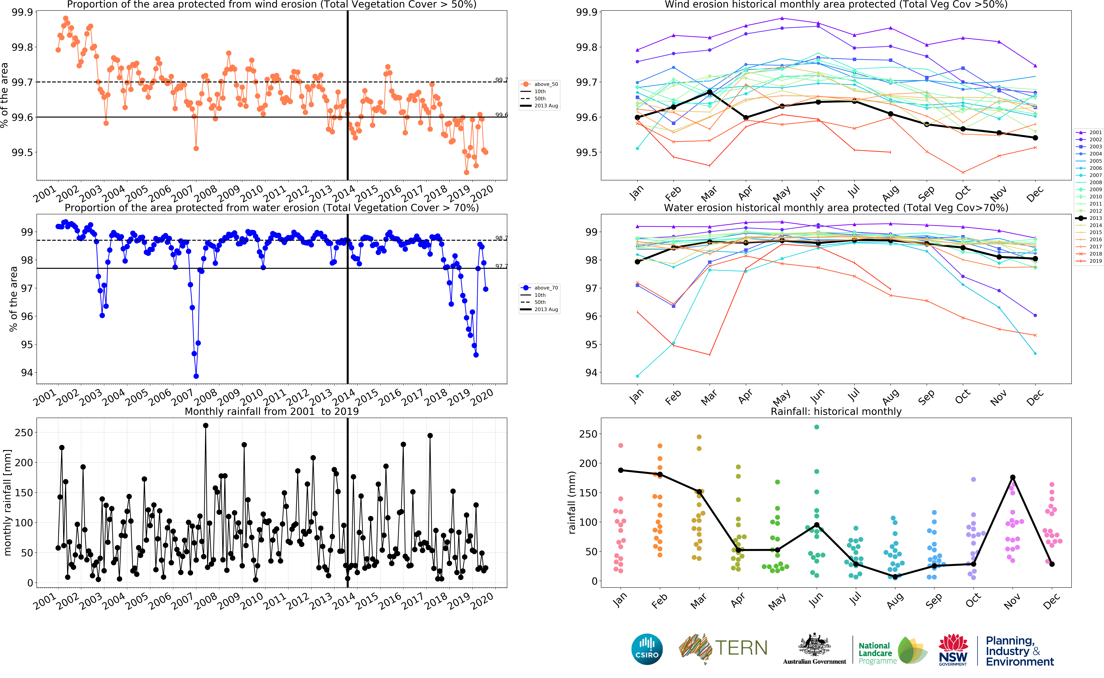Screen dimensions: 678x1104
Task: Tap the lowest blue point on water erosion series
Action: click(x=196, y=376)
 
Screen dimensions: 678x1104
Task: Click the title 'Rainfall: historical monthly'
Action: click(x=836, y=411)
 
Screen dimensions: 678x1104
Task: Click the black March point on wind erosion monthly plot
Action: click(x=709, y=92)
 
